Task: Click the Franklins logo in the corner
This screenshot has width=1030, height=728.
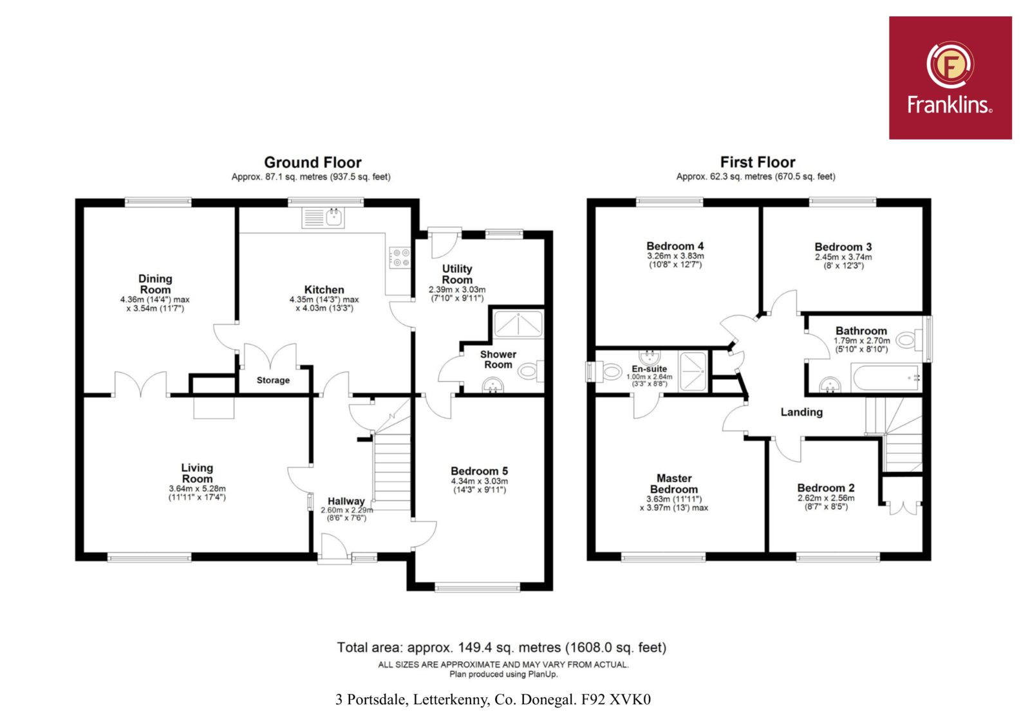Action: pos(950,78)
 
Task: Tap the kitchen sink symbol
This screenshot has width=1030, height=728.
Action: pos(323,218)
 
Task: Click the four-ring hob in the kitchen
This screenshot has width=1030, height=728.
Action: pos(400,257)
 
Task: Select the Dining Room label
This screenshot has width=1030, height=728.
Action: pos(155,285)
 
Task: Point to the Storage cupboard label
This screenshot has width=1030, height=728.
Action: pos(273,380)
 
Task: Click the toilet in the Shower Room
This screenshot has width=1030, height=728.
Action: pos(530,371)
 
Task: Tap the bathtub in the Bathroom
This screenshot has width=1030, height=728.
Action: pos(886,378)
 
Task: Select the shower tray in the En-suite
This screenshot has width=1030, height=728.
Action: pos(693,371)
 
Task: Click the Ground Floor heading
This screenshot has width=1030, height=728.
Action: pos(313,162)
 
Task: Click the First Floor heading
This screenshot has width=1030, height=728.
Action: pos(757,162)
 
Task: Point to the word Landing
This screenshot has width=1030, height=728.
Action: pos(801,412)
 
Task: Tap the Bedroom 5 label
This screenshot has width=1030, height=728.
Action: pos(479,471)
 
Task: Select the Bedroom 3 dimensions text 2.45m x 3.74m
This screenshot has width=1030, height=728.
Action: pos(843,257)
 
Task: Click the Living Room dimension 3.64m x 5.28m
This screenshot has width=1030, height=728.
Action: pos(197,489)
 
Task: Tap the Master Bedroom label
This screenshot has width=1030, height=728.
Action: pos(674,484)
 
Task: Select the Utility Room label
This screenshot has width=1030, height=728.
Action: pos(457,274)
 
